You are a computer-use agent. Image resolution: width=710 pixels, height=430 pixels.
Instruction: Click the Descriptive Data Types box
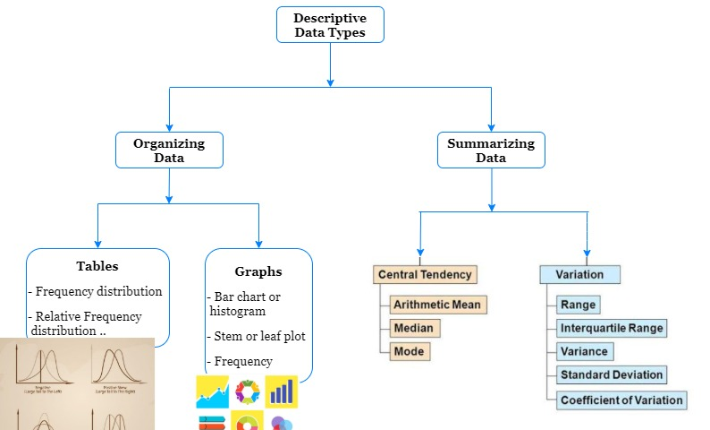(330, 24)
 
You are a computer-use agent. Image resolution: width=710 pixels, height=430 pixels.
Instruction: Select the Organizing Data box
(169, 150)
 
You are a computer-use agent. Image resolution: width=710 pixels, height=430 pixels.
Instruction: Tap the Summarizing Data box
(491, 150)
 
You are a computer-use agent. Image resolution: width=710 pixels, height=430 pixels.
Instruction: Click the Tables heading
(97, 266)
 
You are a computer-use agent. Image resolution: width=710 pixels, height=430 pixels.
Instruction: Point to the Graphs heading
(258, 271)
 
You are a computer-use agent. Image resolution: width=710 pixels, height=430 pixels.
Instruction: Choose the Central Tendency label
(425, 274)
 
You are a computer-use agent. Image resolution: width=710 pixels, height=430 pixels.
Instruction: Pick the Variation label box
(579, 274)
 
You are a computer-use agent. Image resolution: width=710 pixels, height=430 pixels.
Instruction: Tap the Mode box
(409, 351)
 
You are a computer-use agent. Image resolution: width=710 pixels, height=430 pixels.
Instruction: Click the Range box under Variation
(578, 305)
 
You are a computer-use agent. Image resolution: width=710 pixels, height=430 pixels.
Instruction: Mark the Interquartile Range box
(612, 328)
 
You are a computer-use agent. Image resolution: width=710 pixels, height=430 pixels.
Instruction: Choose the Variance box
(584, 351)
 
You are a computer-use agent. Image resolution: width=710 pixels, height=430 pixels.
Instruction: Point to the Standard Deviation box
(612, 374)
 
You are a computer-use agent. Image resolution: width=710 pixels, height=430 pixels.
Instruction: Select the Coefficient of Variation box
(621, 400)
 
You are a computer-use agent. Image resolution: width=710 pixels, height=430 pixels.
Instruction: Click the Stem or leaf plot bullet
(258, 337)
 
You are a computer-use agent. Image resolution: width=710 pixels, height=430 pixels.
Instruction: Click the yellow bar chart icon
(282, 391)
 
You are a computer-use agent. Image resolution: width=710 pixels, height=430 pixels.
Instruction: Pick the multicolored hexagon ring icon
(247, 391)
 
